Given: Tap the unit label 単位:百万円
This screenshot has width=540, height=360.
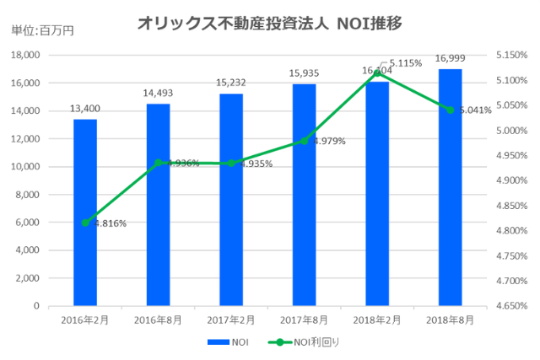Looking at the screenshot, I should pos(42,30).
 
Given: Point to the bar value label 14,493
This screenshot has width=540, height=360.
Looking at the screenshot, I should pos(158,92).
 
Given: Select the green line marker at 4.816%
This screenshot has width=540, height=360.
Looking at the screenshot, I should pos(85,223).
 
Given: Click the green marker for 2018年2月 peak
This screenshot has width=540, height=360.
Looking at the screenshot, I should pos(377,73).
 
